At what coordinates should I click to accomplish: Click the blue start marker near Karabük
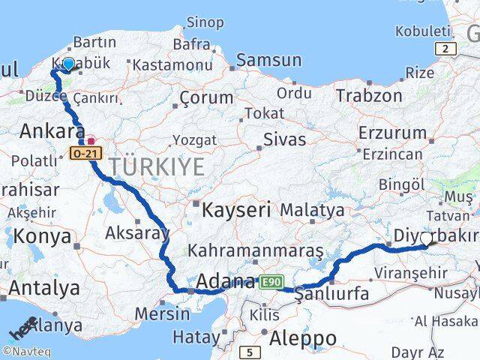pyautogui.click(x=69, y=64)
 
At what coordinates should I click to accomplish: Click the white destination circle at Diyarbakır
pyautogui.click(x=427, y=238)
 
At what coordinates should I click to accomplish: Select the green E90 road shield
pyautogui.click(x=271, y=281)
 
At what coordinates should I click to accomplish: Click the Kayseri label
pyautogui.click(x=235, y=210)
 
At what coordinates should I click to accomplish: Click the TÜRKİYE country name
pyautogui.click(x=156, y=166)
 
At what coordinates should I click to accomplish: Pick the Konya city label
pyautogui.click(x=41, y=237)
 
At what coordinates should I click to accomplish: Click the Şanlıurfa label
pyautogui.click(x=333, y=293)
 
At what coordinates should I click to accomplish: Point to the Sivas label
pyautogui.click(x=285, y=139)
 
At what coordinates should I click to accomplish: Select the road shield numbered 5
pyautogui.click(x=249, y=351)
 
